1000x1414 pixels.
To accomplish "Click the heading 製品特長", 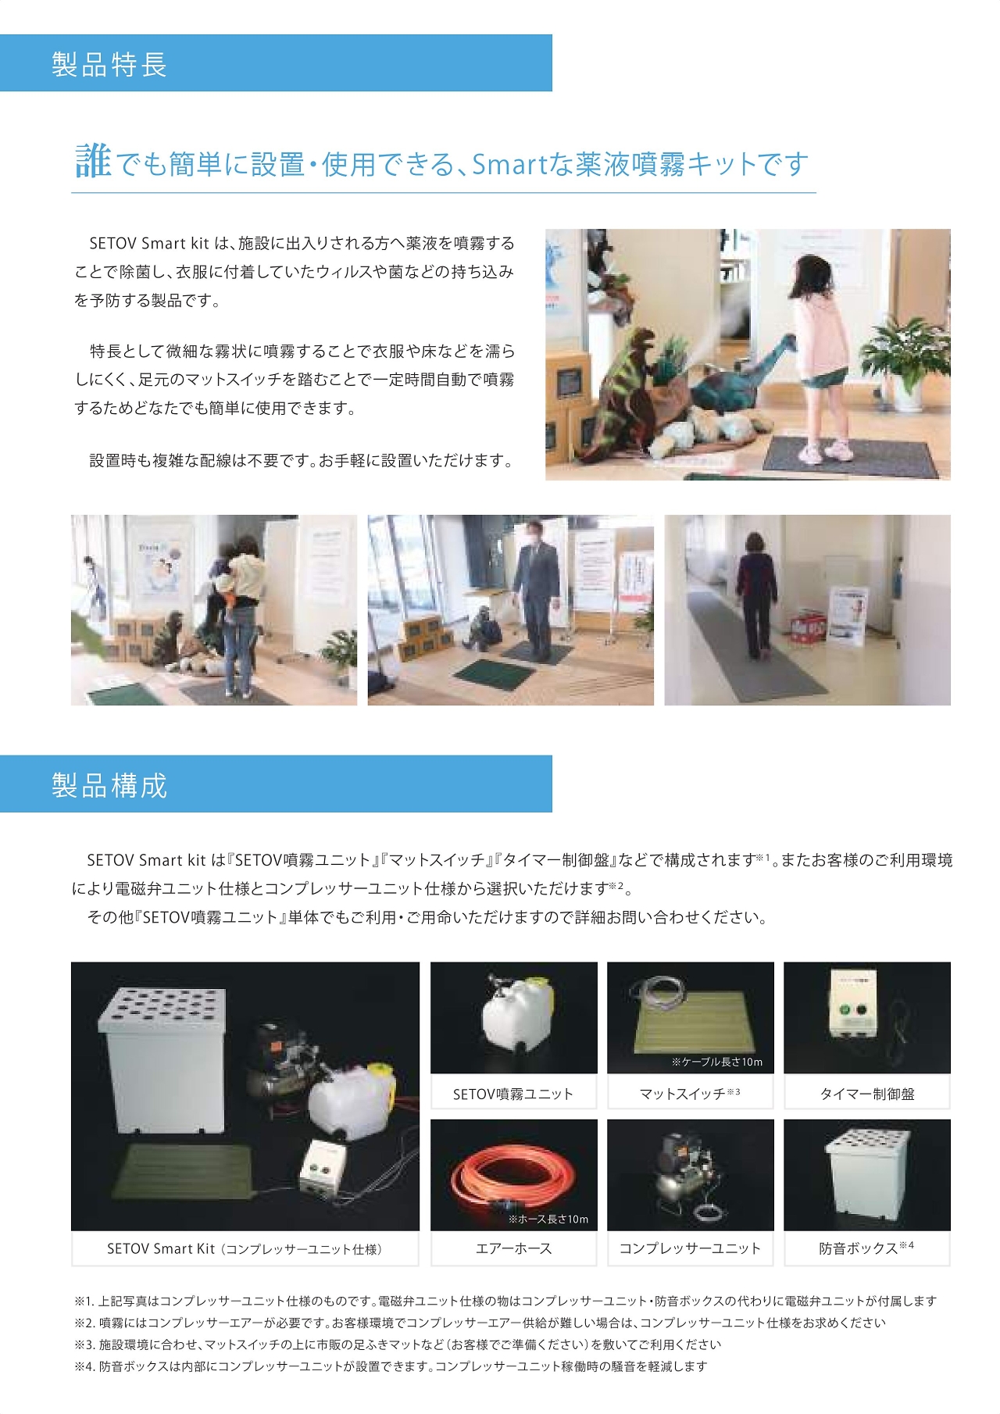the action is click(109, 64).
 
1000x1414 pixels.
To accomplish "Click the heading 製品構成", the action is click(109, 785).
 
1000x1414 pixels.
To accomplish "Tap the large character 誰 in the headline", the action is click(93, 162).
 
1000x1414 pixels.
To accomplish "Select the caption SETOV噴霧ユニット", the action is click(513, 1094).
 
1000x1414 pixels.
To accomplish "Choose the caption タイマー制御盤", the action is click(866, 1094).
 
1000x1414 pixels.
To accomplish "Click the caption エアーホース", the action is click(513, 1248).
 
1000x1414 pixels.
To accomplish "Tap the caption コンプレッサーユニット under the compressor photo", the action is click(690, 1248).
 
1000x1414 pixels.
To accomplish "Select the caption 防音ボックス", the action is click(858, 1248).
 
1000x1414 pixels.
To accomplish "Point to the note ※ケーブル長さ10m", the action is click(716, 1062).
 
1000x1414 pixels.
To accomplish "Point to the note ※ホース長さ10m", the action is click(548, 1219).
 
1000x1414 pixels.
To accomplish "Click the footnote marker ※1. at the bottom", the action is click(84, 1301).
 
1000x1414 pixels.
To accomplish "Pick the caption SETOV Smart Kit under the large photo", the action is click(161, 1248).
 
